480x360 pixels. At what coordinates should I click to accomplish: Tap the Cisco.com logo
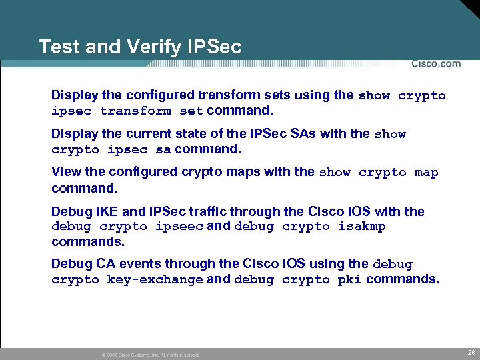pyautogui.click(x=435, y=64)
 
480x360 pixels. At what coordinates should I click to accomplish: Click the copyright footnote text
pyautogui.click(x=149, y=355)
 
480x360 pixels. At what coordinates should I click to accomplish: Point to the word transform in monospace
pyautogui.click(x=135, y=111)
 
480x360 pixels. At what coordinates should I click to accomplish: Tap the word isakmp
pyautogui.click(x=361, y=227)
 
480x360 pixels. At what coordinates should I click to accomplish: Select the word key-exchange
pyautogui.click(x=155, y=280)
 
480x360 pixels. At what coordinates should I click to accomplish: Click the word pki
pyautogui.click(x=349, y=280)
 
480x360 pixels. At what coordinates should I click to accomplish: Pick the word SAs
pyautogui.click(x=303, y=133)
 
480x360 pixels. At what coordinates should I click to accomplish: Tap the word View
pyautogui.click(x=66, y=171)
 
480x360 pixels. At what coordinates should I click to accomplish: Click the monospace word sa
pyautogui.click(x=163, y=149)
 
